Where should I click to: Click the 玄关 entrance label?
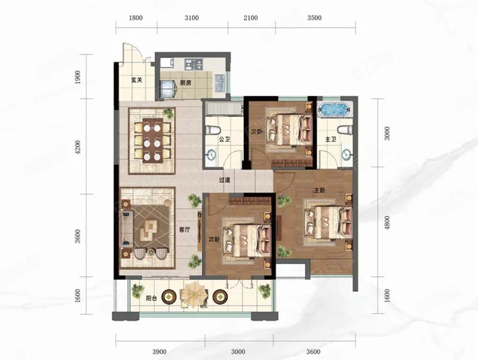137,80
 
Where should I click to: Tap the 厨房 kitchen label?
185,83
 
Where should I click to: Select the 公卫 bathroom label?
224,139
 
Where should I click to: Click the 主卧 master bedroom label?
320,190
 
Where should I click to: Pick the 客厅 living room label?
184,230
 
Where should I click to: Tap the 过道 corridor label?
225,180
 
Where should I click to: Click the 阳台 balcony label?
151,298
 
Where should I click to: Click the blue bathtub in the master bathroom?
334,110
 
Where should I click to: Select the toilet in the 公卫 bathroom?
213,130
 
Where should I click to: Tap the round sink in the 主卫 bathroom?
346,155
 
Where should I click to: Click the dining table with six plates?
152,141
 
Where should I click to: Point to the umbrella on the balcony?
193,294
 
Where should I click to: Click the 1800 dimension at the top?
136,18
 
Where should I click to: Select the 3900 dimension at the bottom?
160,352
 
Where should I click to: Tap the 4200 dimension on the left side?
78,147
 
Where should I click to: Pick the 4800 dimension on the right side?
387,222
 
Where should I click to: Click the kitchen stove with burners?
193,64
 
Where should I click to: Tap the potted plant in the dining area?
168,114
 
